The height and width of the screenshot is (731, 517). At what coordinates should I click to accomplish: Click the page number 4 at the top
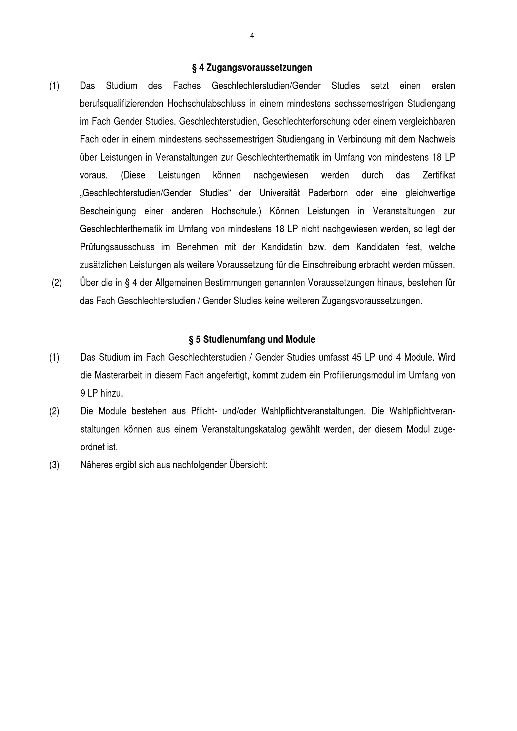tap(252, 36)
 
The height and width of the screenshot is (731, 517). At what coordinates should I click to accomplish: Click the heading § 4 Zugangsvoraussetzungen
tap(252, 68)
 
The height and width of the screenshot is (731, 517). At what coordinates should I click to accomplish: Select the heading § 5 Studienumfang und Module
tap(252, 340)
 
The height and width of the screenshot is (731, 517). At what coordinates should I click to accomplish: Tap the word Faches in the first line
tap(187, 86)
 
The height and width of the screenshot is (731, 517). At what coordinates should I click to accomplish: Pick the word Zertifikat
tap(439, 175)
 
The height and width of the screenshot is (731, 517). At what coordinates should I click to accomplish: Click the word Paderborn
tap(328, 193)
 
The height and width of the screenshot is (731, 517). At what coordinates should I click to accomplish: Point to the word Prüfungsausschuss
tap(117, 248)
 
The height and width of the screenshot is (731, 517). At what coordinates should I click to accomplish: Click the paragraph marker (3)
tap(54, 465)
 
